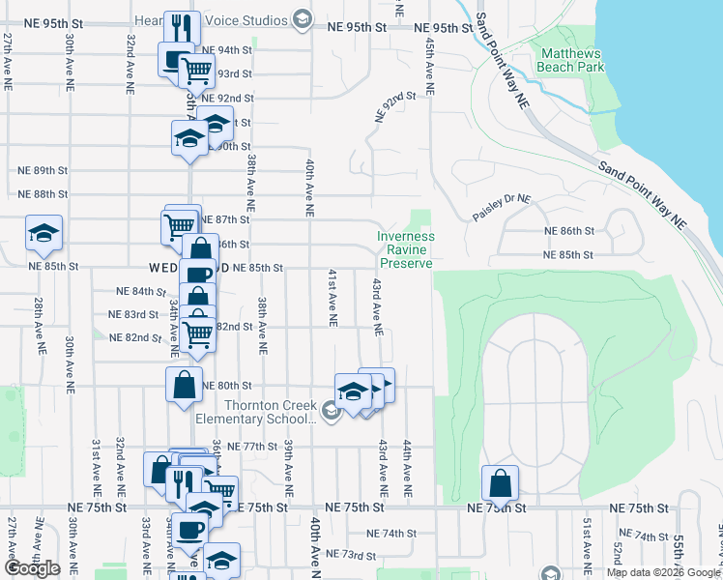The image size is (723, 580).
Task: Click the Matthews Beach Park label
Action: (572, 60)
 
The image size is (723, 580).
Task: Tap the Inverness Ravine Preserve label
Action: (406, 249)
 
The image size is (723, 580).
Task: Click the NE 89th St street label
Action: (43, 169)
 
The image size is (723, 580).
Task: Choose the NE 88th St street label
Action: (43, 193)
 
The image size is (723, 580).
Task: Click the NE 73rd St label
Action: (349, 554)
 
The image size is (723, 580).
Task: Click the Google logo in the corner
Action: (33, 569)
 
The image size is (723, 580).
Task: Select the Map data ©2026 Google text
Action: (663, 572)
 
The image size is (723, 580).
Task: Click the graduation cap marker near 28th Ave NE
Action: (43, 233)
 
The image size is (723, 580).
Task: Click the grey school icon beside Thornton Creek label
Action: (332, 411)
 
